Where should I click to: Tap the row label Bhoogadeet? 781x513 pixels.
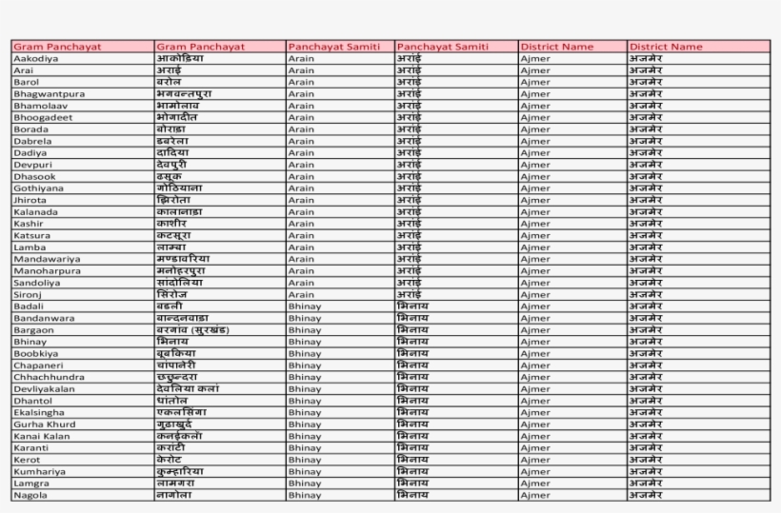click(x=43, y=118)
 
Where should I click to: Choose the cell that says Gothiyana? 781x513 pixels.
click(x=38, y=188)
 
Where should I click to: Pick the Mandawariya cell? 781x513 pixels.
click(x=47, y=259)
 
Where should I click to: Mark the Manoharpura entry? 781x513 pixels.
click(x=47, y=270)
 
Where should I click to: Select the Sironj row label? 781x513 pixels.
click(x=28, y=294)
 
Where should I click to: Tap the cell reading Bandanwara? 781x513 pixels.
click(x=44, y=318)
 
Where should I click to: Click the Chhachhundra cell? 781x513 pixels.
click(x=48, y=377)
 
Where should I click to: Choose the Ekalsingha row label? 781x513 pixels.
click(x=39, y=412)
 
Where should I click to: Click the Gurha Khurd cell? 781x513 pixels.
click(x=39, y=424)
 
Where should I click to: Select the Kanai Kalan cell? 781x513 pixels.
click(x=41, y=436)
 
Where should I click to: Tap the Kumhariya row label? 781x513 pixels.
click(x=39, y=471)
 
